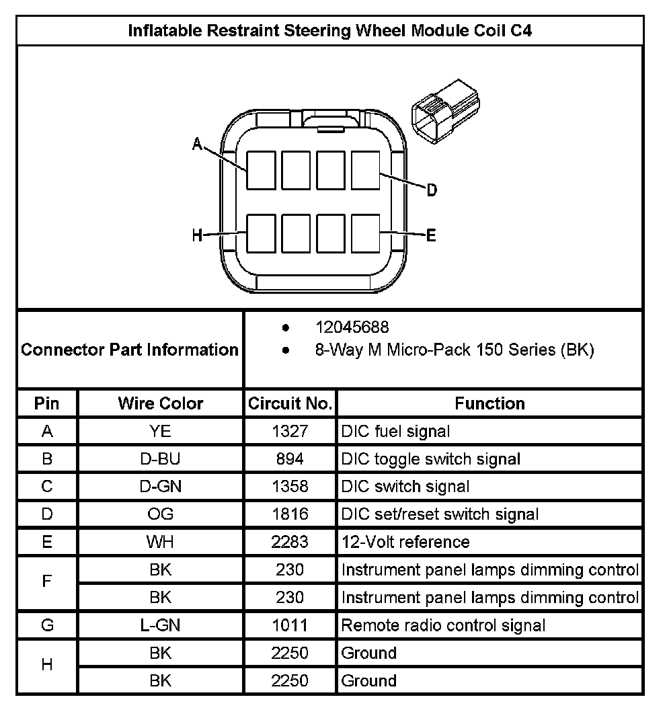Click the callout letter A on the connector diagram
[x=197, y=144]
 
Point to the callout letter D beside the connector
[x=432, y=190]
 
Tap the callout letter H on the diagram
[x=197, y=235]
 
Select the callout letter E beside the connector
[x=431, y=235]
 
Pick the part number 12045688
[x=352, y=327]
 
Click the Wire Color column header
[x=160, y=403]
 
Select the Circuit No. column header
[x=290, y=403]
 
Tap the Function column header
[x=489, y=403]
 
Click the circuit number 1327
[x=290, y=431]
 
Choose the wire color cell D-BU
[x=160, y=459]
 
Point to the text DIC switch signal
[x=405, y=487]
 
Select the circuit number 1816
[x=290, y=514]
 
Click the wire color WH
[x=160, y=542]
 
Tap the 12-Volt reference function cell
[x=405, y=542]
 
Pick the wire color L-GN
[x=160, y=625]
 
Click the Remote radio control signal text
[x=443, y=625]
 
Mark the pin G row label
[x=47, y=625]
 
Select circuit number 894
[x=290, y=459]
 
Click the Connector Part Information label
[x=130, y=350]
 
